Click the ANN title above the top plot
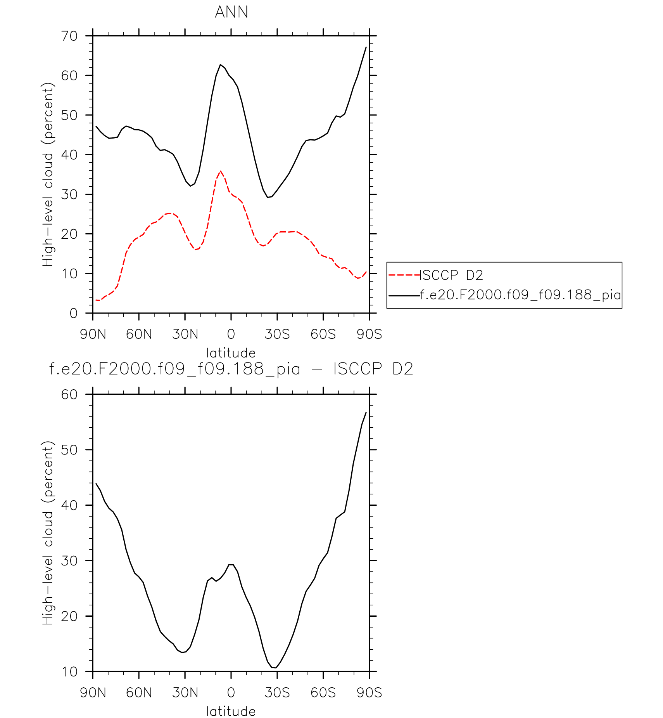[x=231, y=12]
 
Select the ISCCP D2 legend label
[x=451, y=275]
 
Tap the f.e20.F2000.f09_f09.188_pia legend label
[x=520, y=295]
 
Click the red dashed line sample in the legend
[x=404, y=275]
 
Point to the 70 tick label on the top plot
[x=69, y=36]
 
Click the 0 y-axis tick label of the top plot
[x=73, y=314]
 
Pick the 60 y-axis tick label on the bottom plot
[x=69, y=395]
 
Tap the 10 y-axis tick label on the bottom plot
[x=69, y=672]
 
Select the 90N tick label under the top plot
[x=93, y=334]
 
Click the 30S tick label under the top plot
[x=277, y=334]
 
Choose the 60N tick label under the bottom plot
[x=139, y=693]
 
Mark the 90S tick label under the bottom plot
[x=369, y=693]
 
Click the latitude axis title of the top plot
[x=231, y=353]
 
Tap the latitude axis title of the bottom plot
[x=231, y=711]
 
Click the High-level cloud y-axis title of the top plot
[x=47, y=175]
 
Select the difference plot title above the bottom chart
[x=231, y=369]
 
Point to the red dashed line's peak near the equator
[x=220, y=171]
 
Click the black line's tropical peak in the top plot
[x=220, y=65]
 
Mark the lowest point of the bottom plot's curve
[x=275, y=668]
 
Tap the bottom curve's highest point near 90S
[x=366, y=412]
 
